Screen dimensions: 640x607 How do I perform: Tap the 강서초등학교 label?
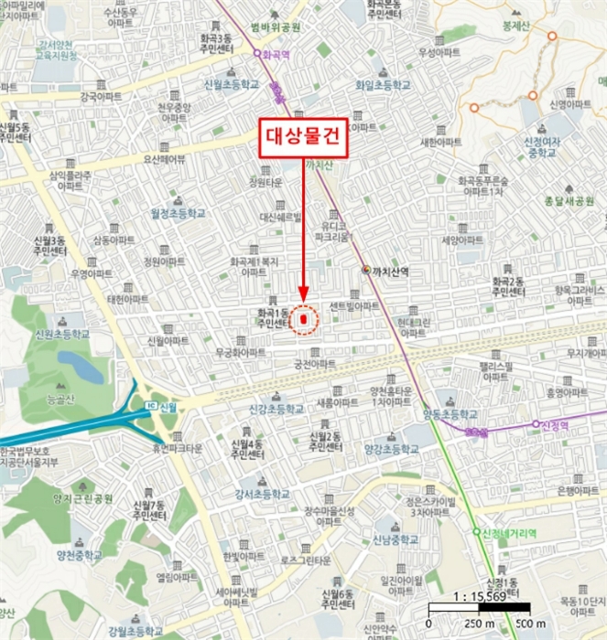pyautogui.click(x=262, y=494)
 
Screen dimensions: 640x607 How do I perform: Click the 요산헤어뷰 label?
pyautogui.click(x=164, y=158)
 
